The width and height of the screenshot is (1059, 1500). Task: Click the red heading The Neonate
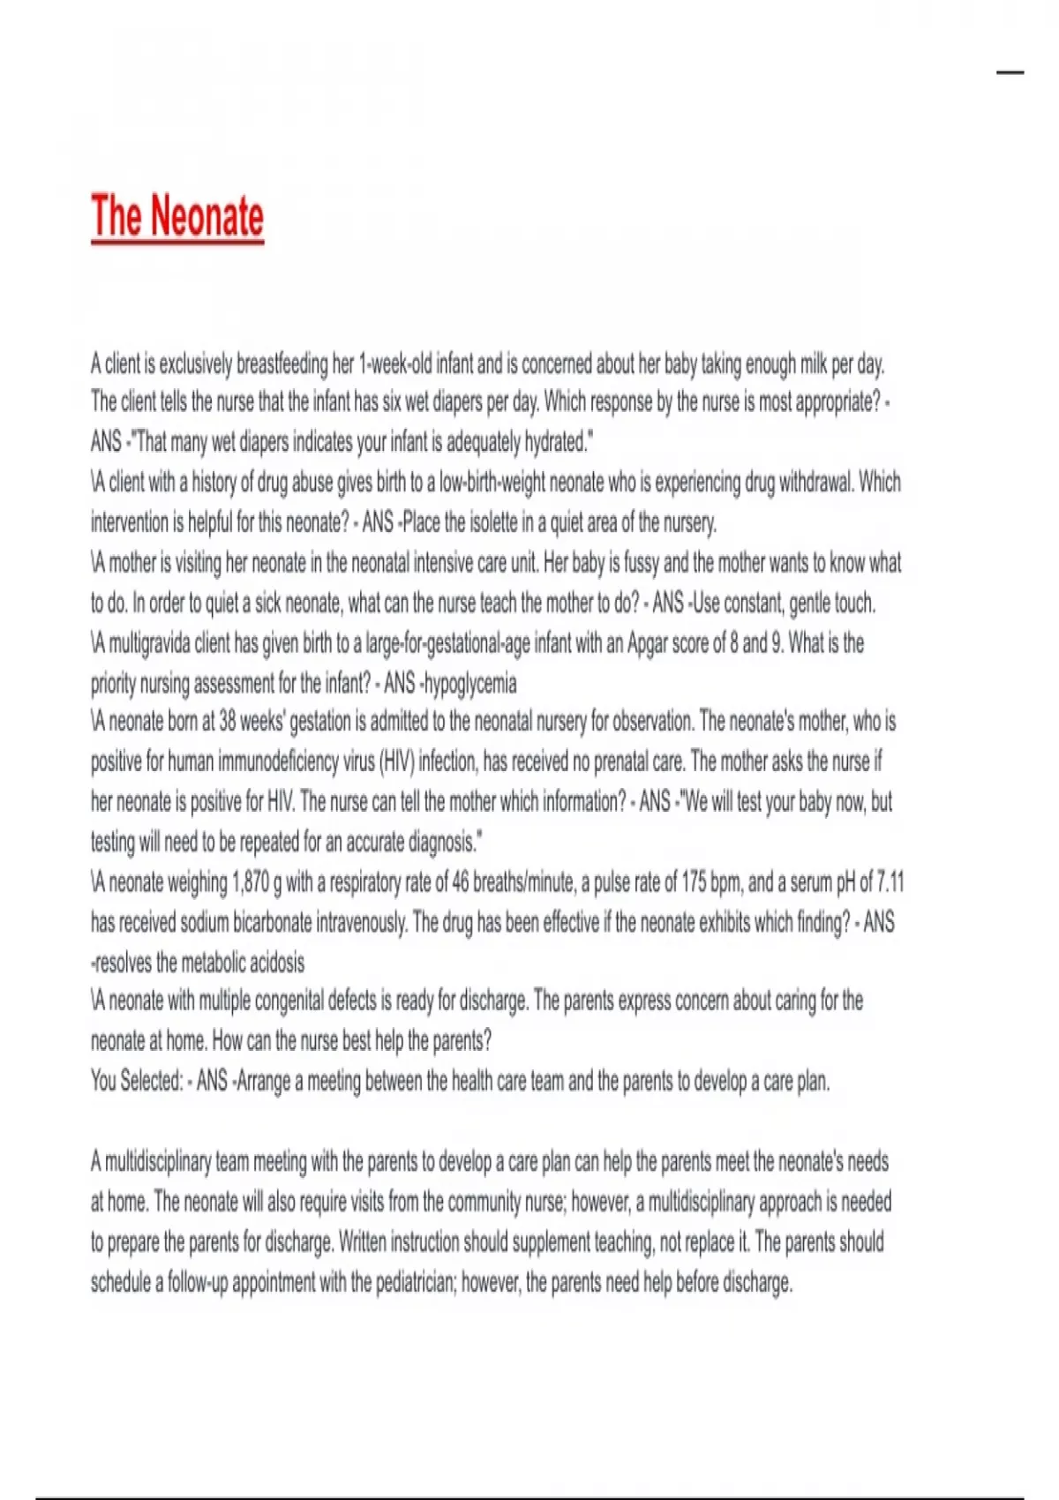tap(177, 217)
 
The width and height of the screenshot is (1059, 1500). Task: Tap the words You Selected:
tap(137, 1081)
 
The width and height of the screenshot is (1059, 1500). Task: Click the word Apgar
tap(649, 643)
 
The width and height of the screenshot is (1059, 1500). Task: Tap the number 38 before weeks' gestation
tap(227, 722)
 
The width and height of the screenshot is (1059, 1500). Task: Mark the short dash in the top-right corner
tap(1010, 72)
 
